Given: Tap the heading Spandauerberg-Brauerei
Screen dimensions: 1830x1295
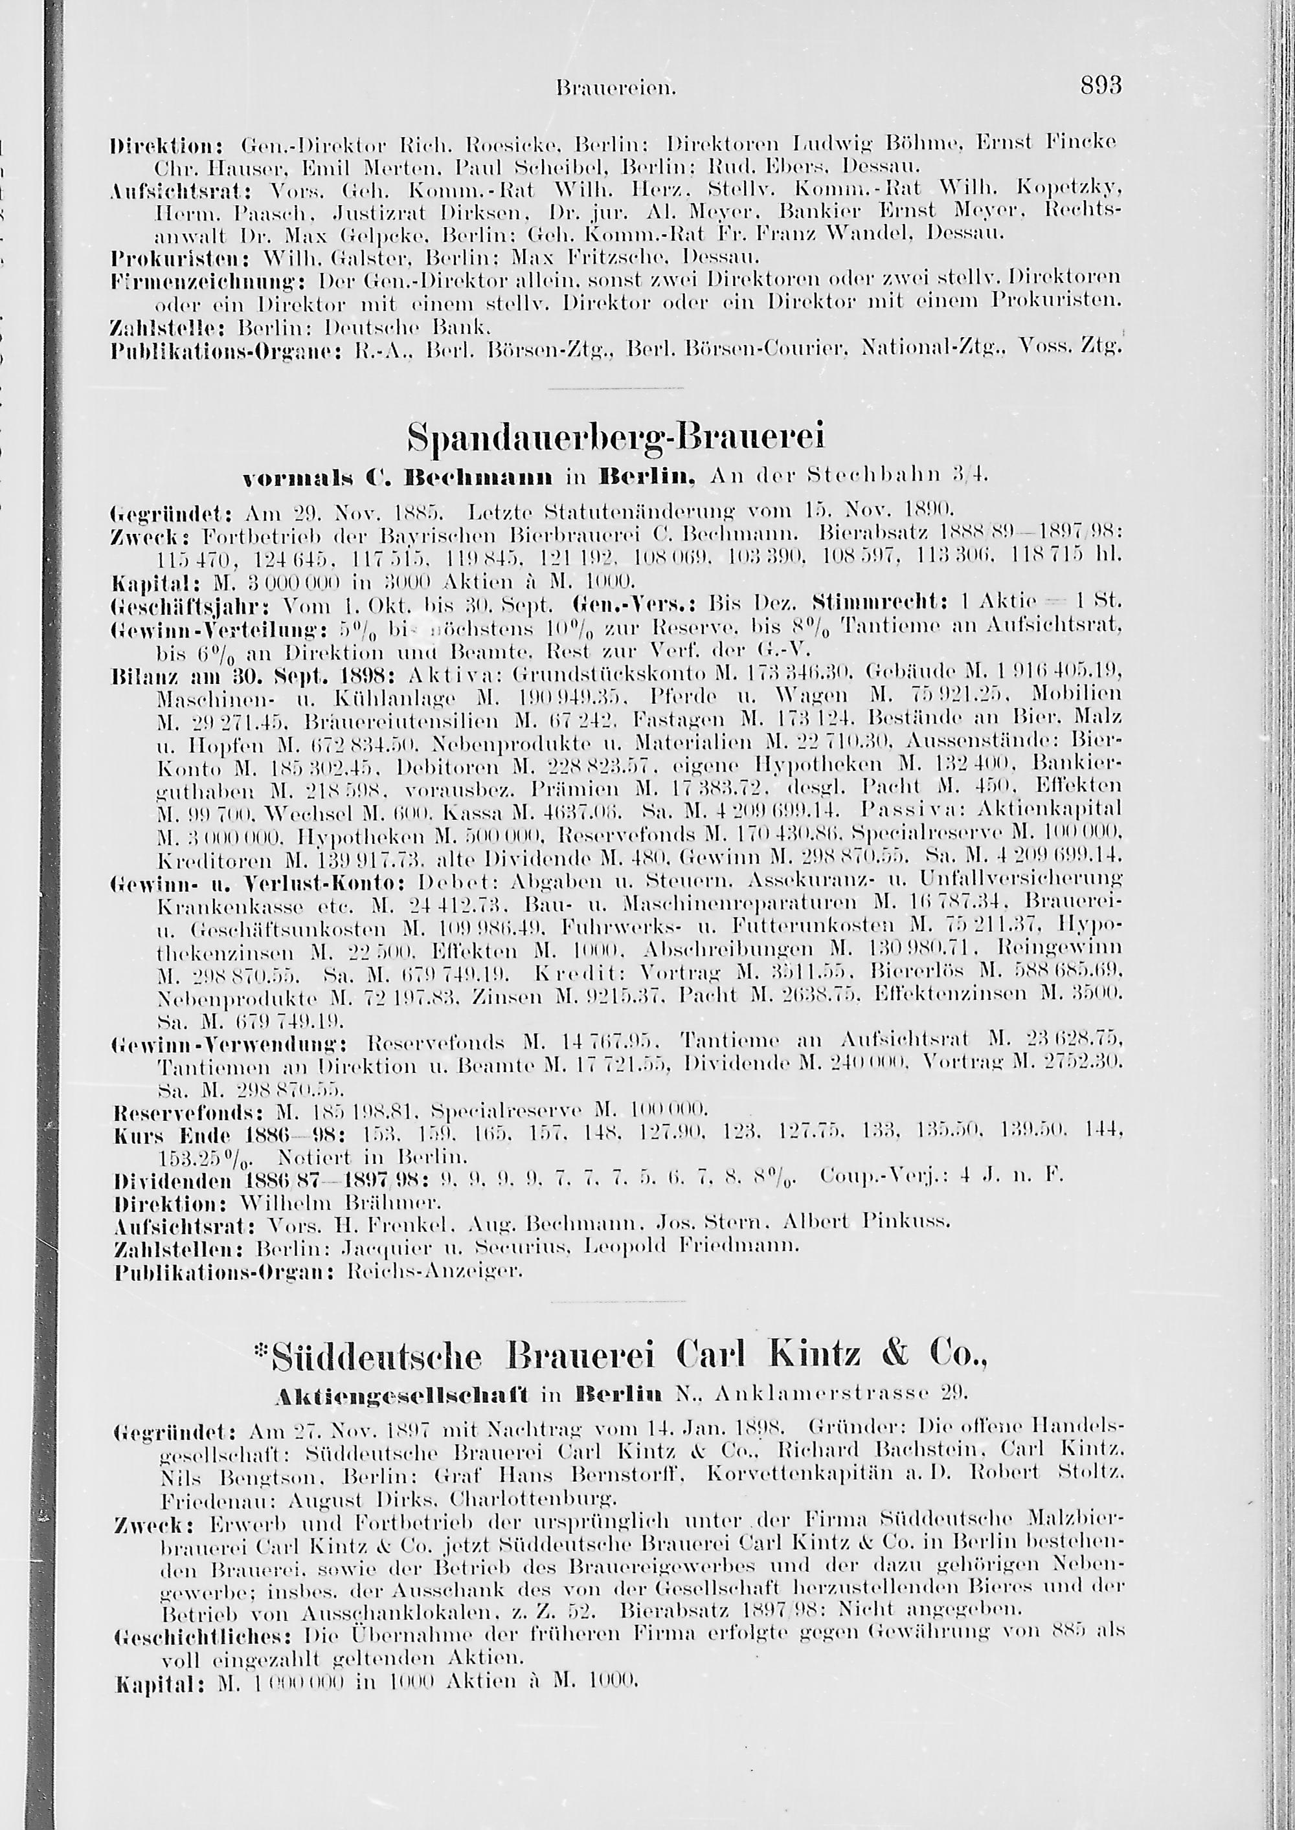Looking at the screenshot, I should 615,437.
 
